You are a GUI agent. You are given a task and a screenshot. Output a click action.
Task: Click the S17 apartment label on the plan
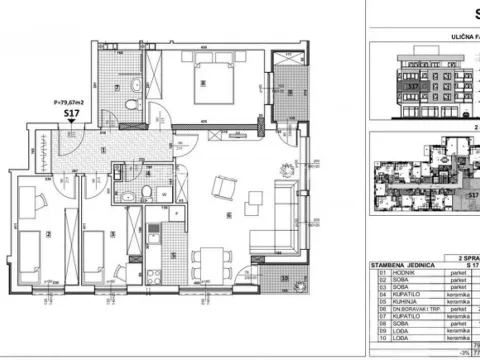[71, 114]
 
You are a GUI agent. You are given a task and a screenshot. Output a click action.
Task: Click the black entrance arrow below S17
[71, 125]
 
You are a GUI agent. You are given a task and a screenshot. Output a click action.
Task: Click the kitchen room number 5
[172, 255]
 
